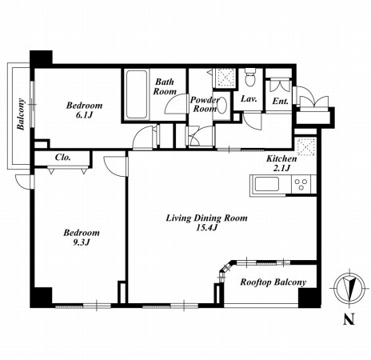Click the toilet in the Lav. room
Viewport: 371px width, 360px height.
tap(250, 77)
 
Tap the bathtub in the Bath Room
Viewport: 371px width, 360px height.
tap(137, 94)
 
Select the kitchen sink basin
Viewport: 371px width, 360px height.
tap(267, 184)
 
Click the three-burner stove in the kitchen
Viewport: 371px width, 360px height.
tap(301, 184)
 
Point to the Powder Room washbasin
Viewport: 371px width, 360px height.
tap(222, 106)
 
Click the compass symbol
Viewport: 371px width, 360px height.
tap(349, 288)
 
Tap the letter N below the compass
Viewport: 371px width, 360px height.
tap(349, 318)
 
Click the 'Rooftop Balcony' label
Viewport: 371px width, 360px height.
tap(273, 282)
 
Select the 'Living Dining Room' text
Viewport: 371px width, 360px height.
tap(206, 218)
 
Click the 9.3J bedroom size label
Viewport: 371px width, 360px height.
tap(82, 242)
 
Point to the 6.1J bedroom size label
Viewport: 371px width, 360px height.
tap(84, 115)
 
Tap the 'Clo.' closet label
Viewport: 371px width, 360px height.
tap(63, 158)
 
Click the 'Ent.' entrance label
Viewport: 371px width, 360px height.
tap(281, 101)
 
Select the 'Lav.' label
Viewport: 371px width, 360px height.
tap(249, 99)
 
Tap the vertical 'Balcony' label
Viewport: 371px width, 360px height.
tap(21, 114)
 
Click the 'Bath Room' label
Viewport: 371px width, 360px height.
tap(165, 86)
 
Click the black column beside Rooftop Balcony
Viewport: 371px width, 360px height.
tap(309, 298)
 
